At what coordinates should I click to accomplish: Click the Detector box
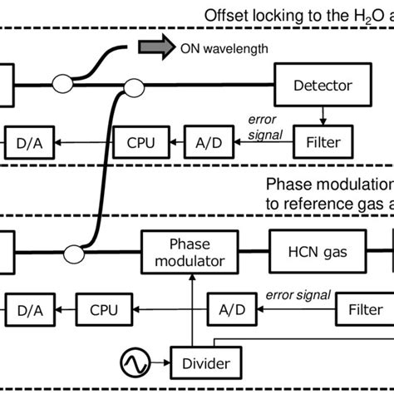point(322,84)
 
